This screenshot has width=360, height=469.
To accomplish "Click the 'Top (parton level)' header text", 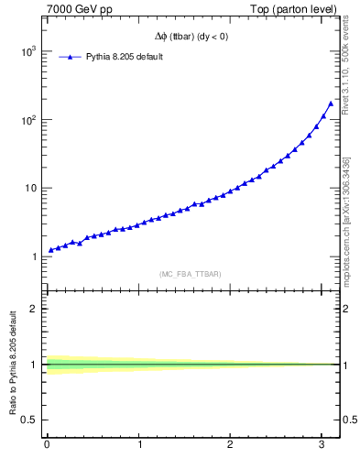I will pos(293,9).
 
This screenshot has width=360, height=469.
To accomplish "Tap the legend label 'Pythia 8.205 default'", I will pos(125,56).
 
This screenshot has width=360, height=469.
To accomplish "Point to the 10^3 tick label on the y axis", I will pos(27,51).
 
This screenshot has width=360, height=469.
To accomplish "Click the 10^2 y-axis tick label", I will pos(27,120).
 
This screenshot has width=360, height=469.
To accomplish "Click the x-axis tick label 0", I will pos(47,445).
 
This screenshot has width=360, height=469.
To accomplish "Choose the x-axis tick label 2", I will pos(230,445).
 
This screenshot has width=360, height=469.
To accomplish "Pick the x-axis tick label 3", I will pos(322,445).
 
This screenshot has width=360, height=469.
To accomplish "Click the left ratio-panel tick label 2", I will pos(36,309).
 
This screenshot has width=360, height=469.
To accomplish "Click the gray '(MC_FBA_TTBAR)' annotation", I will pos(190,273).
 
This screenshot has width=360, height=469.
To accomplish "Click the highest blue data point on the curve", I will pos(330,104).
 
